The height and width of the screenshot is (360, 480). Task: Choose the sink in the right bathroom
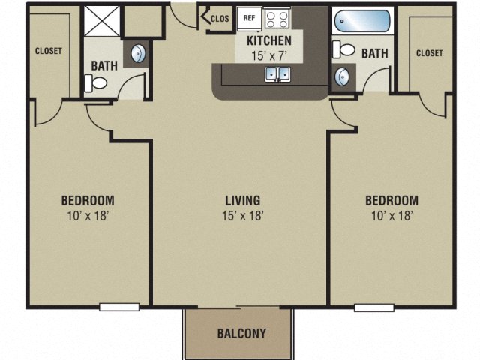pos(343,76)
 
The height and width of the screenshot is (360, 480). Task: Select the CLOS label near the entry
pos(220,19)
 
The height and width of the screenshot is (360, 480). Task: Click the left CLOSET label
pos(48,51)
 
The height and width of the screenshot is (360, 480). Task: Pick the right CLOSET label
pos(429,53)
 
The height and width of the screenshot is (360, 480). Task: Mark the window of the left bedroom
pos(119,306)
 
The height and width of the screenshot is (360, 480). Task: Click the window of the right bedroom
pos(374,306)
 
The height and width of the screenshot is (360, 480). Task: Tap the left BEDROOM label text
pos(88,200)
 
